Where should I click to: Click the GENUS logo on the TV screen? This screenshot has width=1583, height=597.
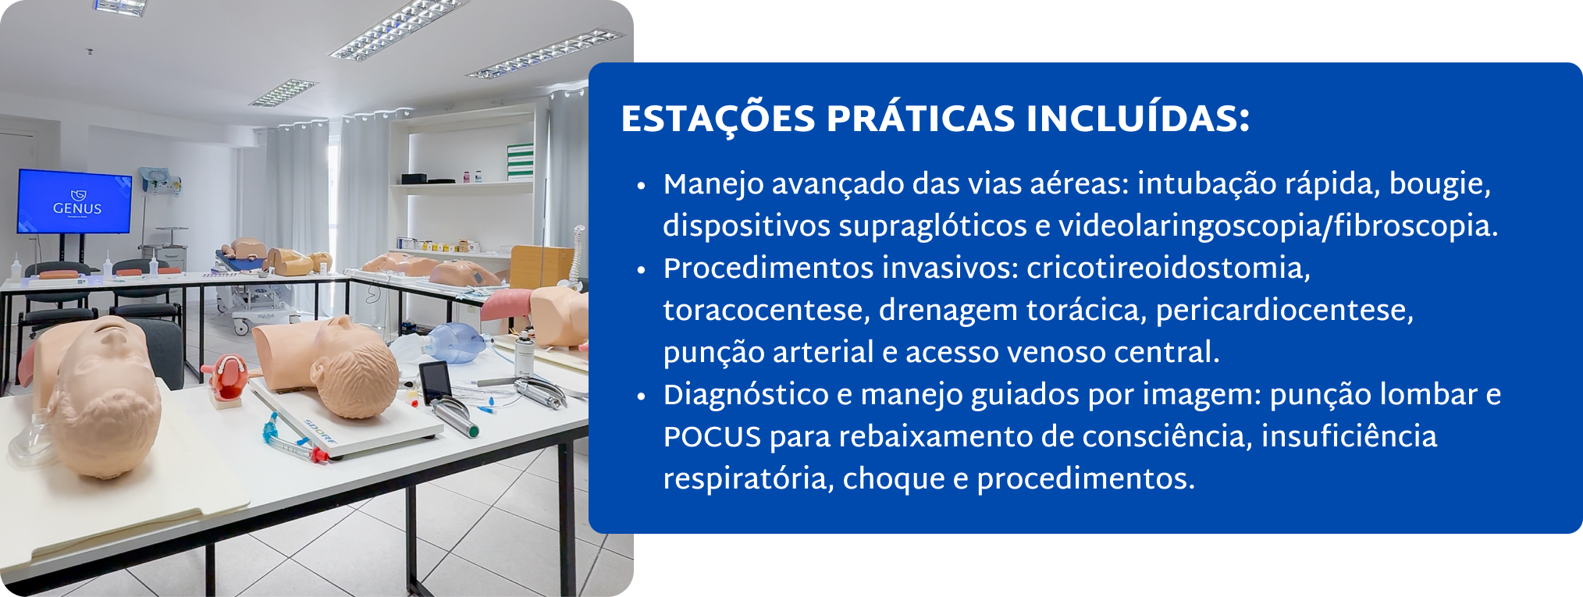point(76,203)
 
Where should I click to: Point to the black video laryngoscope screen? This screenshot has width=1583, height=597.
point(433,381)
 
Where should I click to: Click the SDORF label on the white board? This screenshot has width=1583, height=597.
point(320,432)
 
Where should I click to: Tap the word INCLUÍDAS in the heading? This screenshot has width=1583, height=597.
point(1138,119)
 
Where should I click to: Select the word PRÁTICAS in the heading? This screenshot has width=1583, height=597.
point(921,119)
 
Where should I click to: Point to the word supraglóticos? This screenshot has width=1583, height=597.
point(933,226)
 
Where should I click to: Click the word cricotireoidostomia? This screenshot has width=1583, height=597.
point(1169,268)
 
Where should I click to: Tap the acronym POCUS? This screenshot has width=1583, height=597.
point(712,437)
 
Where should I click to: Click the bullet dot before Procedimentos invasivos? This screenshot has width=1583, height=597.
point(642,271)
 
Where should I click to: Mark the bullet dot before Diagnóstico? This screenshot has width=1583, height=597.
point(642,397)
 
